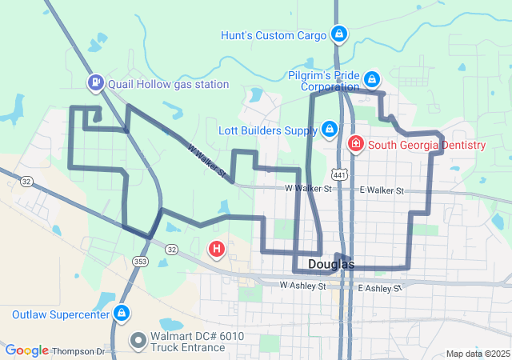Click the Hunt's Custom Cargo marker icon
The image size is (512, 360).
point(339,34)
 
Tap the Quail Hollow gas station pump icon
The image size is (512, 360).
point(96,82)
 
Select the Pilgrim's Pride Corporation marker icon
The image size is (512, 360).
point(372,79)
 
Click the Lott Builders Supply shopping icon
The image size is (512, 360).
point(330,129)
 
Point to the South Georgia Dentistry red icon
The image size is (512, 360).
point(355,145)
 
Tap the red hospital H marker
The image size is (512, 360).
point(216,249)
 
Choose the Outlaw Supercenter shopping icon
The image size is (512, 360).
point(122,313)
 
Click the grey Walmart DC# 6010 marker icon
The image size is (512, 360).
point(138,340)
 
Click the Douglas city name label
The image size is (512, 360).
point(328,264)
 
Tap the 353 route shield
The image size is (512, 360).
point(141,262)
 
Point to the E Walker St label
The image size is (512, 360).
point(382,190)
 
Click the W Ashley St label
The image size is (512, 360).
point(303,286)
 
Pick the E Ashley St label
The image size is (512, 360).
point(379,287)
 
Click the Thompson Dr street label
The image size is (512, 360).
point(78,351)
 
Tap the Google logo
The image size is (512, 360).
point(26,350)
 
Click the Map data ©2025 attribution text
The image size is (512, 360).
point(477,354)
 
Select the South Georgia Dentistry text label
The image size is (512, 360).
point(426,145)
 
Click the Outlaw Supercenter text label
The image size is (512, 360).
point(59,314)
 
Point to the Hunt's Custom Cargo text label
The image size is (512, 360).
point(274,35)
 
